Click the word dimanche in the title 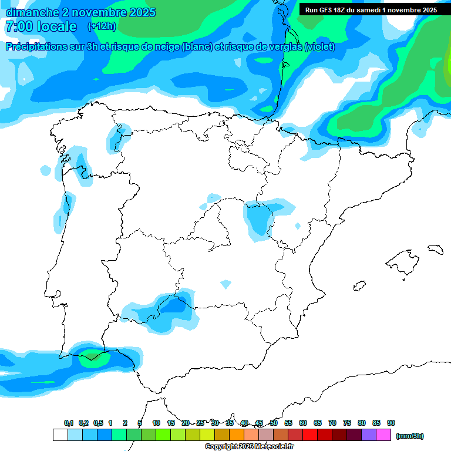coord(32,12)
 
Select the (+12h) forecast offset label coord(102,26)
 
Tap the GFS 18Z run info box coord(371,10)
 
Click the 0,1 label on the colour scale coord(69,423)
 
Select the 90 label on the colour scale coord(391,423)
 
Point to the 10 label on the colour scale coord(156,423)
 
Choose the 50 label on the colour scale coord(274,423)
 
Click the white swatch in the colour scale coord(60,435)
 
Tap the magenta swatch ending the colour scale coord(383,435)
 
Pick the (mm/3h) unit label coord(410,436)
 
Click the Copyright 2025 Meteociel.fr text coord(249,447)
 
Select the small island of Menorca coord(435,249)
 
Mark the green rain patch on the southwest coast coord(92,355)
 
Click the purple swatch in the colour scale coord(369,435)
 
